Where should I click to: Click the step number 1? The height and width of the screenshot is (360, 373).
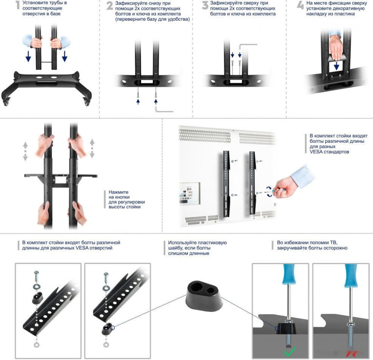(17, 5)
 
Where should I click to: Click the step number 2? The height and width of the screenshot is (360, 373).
(110, 6)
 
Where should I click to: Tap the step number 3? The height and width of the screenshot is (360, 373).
(205, 5)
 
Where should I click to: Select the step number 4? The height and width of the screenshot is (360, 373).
(300, 5)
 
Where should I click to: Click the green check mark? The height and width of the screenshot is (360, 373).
(290, 352)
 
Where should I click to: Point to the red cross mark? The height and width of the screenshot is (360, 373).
(351, 353)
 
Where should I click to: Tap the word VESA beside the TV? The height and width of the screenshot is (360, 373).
(316, 152)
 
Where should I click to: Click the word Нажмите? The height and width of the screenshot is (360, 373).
(118, 192)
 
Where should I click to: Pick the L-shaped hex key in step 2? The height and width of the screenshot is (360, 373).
(164, 110)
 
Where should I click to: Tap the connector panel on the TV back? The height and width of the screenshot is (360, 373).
(189, 193)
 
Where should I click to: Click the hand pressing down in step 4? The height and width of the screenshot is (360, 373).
(335, 48)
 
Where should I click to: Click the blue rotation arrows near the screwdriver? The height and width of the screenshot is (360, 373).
(269, 192)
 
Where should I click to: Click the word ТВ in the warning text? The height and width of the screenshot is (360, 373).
(334, 243)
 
